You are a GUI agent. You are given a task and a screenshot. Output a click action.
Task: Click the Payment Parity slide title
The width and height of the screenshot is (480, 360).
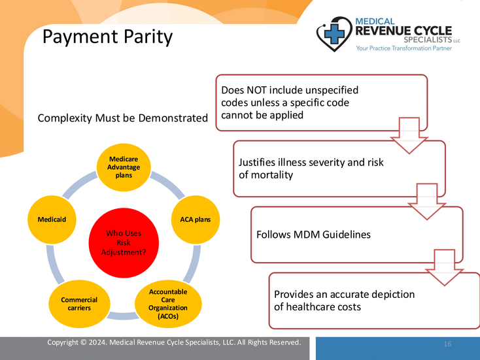pos(107,37)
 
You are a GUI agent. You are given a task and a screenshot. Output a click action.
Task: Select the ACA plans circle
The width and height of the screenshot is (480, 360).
pos(195,220)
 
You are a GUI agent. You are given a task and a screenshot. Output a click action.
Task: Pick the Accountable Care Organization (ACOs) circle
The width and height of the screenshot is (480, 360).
pos(168,303)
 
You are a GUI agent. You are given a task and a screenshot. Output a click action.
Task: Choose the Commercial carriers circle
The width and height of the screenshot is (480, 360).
pos(79,303)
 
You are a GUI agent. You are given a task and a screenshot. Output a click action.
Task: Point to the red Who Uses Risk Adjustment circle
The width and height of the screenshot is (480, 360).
pos(124,242)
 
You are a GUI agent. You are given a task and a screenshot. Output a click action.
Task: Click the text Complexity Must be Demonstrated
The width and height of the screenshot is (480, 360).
pos(122,118)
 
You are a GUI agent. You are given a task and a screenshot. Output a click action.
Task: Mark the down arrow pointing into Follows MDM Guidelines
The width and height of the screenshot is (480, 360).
pos(426,200)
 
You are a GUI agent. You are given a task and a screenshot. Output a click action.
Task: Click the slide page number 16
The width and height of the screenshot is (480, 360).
pos(447,344)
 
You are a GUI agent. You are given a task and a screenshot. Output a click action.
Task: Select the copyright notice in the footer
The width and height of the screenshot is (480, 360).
pos(174,342)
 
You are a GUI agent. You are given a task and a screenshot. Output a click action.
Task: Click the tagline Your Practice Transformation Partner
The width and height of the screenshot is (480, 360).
pos(403,48)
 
